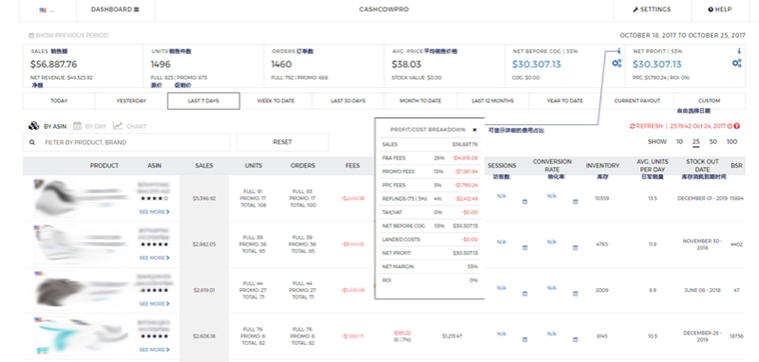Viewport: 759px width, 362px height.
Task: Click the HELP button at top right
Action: (719, 9)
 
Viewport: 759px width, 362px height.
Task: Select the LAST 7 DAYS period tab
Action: (204, 101)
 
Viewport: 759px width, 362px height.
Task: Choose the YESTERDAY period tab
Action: (131, 101)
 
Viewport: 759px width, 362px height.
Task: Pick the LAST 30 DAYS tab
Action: (349, 101)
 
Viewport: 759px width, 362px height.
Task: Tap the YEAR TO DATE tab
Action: (565, 101)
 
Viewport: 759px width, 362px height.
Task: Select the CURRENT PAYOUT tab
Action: (636, 101)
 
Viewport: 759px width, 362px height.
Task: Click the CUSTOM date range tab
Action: (709, 101)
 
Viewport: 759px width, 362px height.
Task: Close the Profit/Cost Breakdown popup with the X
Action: (474, 129)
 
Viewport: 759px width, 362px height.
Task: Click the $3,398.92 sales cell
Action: (204, 198)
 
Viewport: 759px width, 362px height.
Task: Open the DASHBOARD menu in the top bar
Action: (115, 9)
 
